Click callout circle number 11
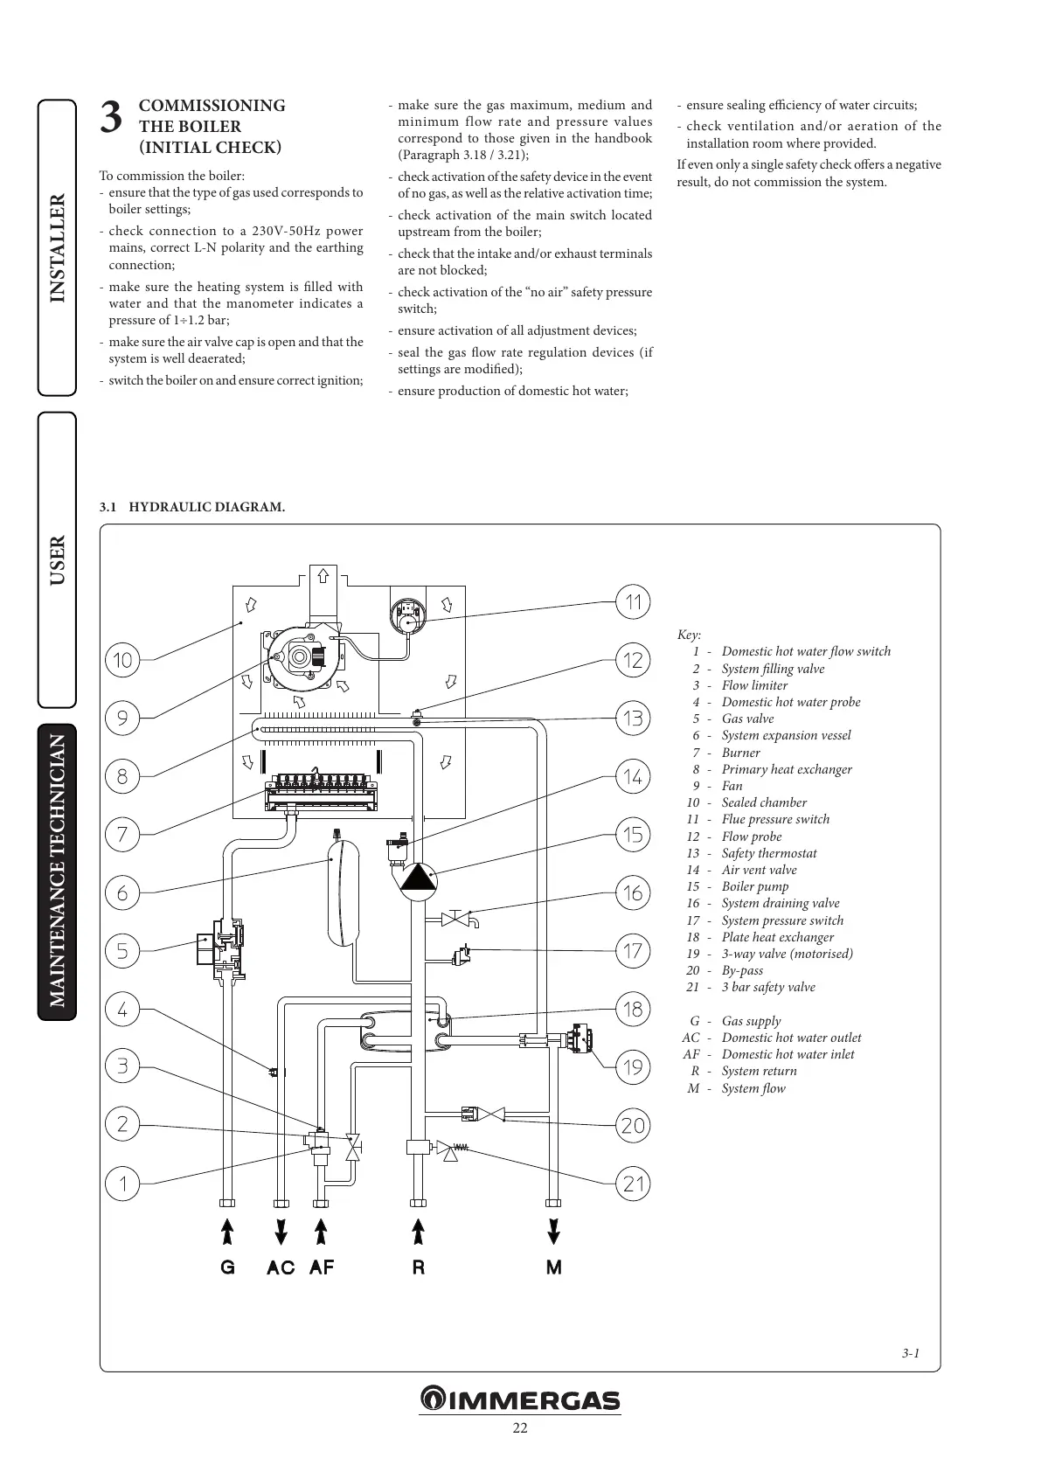pos(633,601)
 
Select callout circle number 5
pos(122,950)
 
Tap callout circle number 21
pos(633,1184)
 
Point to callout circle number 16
pos(633,892)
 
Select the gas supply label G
pos(227,1267)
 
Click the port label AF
pos(321,1267)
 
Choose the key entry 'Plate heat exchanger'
pos(777,937)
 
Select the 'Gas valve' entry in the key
pos(747,719)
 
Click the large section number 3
pos(110,118)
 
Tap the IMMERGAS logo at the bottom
pos(520,1399)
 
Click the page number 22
pos(520,1428)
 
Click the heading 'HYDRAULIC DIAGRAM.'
pos(206,507)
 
